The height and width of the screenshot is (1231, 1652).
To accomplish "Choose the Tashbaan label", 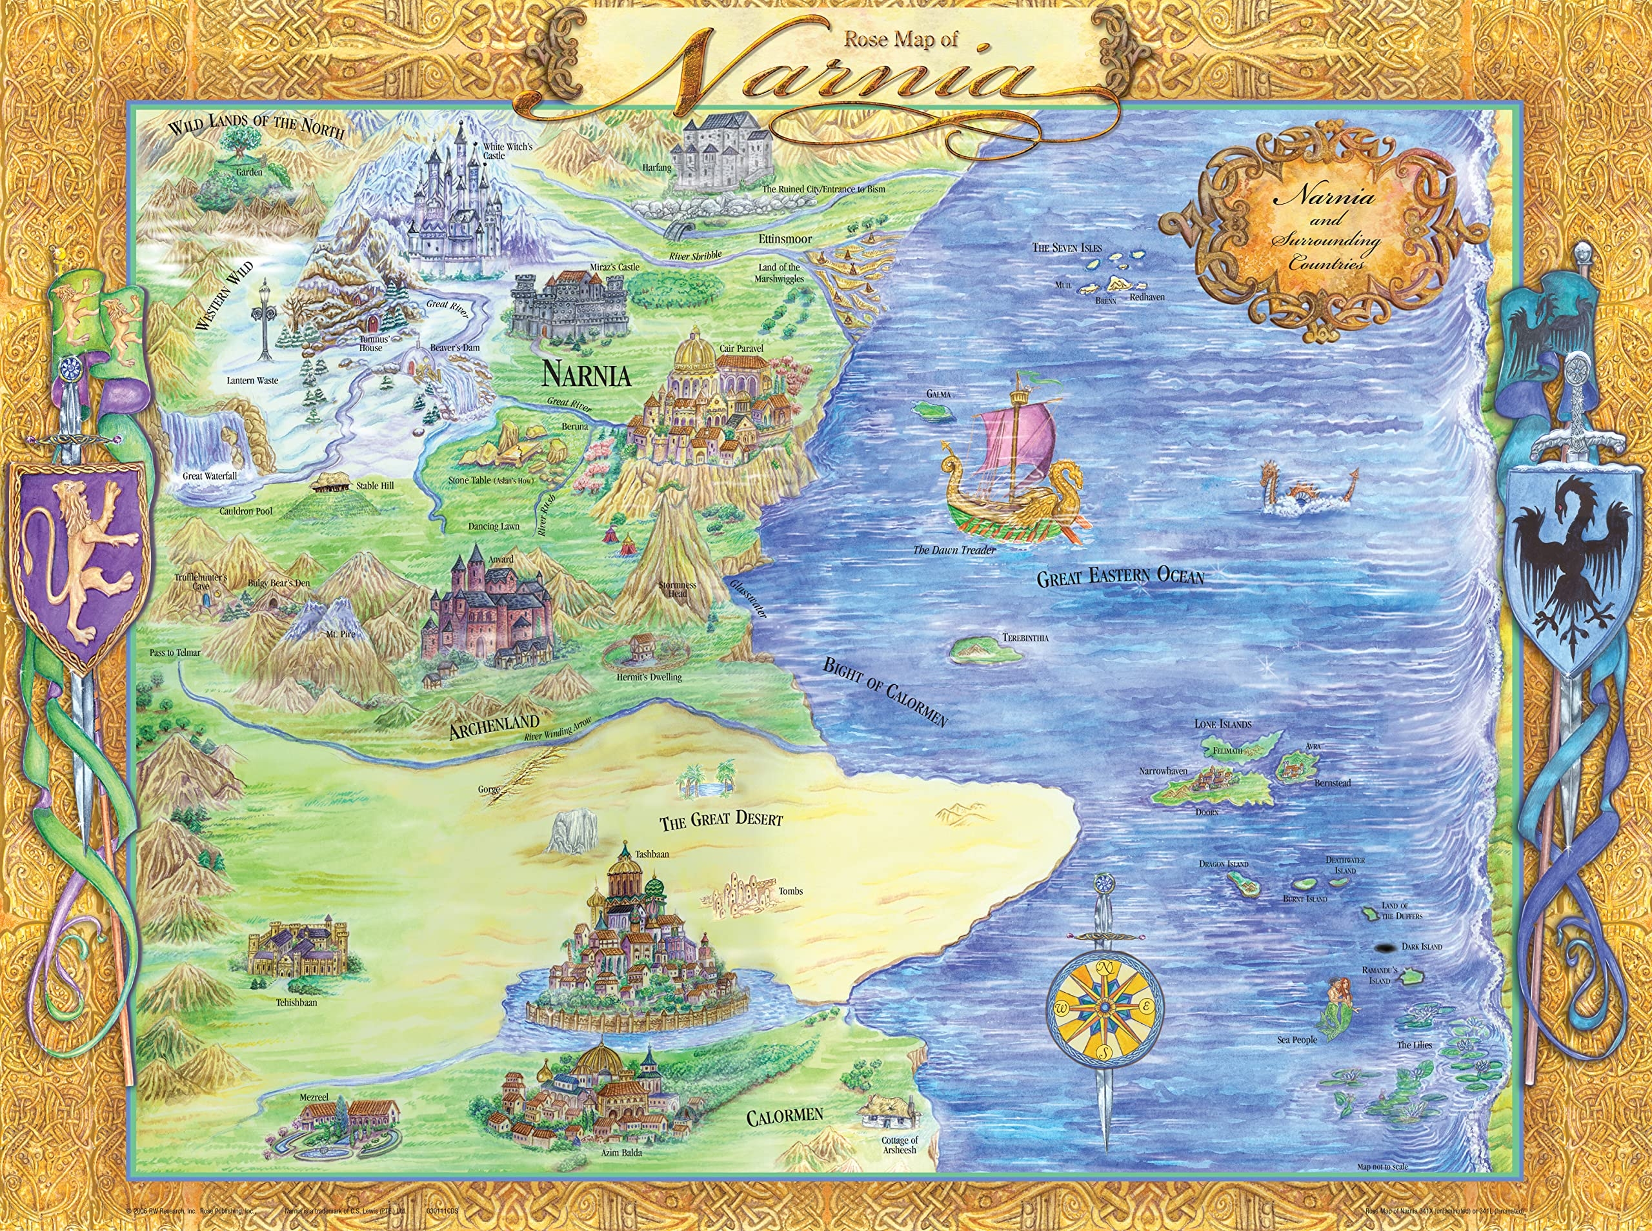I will point(652,854).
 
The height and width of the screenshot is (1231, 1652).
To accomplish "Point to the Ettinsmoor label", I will point(785,239).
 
